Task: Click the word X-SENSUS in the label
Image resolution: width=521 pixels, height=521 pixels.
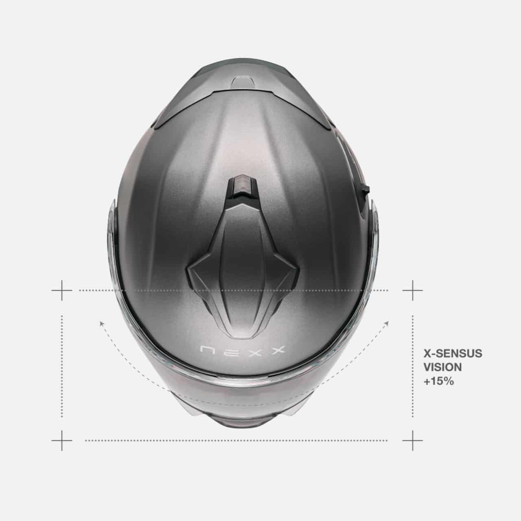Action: click(453, 354)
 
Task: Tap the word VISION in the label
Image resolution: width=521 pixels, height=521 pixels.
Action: click(442, 368)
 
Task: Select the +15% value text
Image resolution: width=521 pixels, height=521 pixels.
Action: click(438, 381)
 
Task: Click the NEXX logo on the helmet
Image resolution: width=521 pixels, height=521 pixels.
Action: click(243, 350)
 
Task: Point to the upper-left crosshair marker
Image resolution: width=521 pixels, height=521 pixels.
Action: click(62, 290)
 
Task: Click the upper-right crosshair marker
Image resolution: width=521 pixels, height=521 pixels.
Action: click(413, 290)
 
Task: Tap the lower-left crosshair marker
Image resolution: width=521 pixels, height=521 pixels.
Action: click(62, 440)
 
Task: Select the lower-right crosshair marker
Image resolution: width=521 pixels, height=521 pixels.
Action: click(413, 440)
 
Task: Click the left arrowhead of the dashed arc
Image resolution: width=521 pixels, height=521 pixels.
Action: click(102, 323)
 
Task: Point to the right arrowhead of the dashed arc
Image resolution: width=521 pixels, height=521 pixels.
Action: click(387, 323)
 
